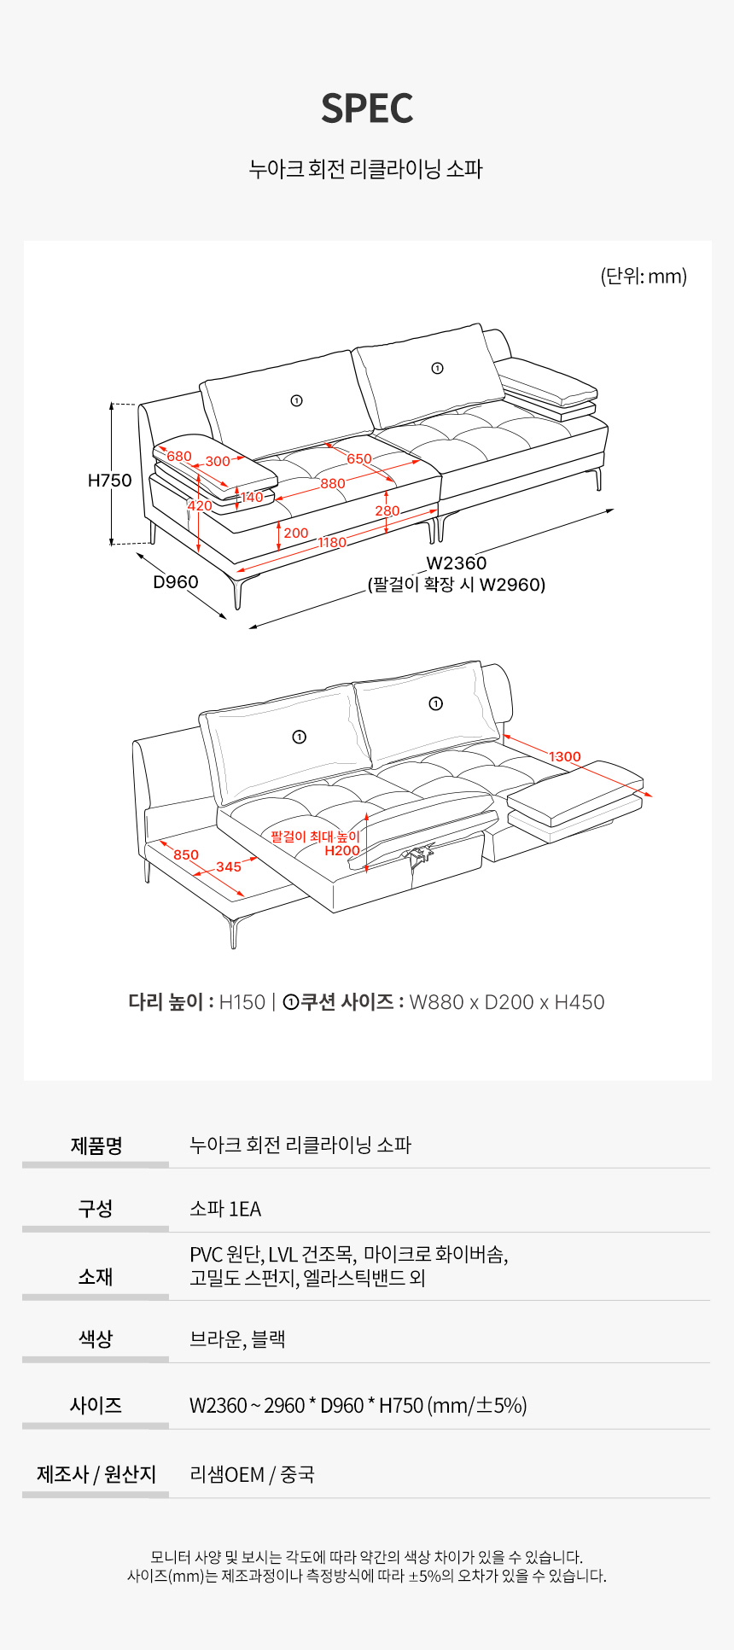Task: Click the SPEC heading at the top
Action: [x=367, y=108]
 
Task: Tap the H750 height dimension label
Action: [x=110, y=481]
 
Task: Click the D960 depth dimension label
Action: [x=176, y=582]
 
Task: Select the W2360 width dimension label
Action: [x=457, y=563]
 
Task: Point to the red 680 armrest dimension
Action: [x=179, y=457]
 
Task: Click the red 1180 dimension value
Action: [x=333, y=543]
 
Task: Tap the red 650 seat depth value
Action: [x=359, y=459]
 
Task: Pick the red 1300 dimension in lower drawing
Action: [x=565, y=757]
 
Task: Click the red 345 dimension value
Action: [x=229, y=867]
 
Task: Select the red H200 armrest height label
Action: [x=342, y=851]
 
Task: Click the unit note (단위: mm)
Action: [x=644, y=277]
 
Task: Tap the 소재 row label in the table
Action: [x=96, y=1277]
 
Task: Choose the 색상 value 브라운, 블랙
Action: [x=237, y=1339]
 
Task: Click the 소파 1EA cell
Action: [x=225, y=1210]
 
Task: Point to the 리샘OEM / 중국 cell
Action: [x=252, y=1475]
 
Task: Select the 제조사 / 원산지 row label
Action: [x=96, y=1475]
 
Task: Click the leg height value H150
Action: [x=242, y=1002]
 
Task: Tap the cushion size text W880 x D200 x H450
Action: [x=507, y=1002]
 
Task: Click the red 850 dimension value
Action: [x=186, y=855]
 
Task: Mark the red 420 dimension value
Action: [x=200, y=506]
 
